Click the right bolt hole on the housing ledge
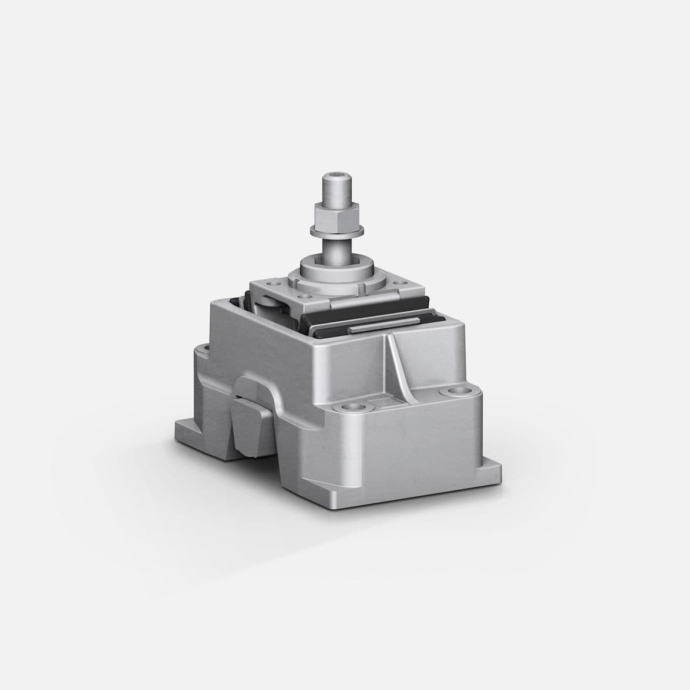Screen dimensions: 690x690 point(455,392)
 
